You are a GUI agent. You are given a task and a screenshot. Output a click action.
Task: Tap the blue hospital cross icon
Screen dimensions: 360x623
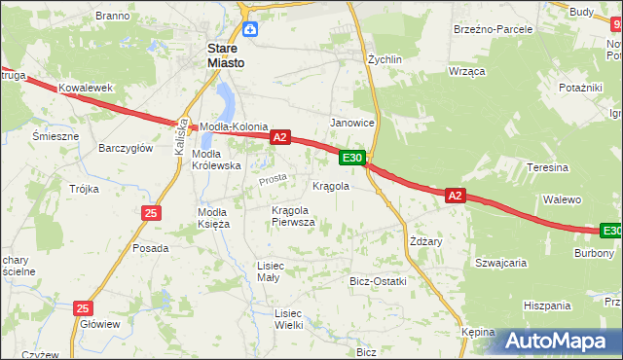(250, 29)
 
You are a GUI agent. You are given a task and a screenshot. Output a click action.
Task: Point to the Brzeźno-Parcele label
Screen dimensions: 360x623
(494, 29)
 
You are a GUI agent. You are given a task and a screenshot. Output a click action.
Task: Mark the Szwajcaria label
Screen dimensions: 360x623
(500, 263)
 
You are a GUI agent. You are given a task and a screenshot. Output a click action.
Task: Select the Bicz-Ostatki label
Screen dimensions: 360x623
(378, 281)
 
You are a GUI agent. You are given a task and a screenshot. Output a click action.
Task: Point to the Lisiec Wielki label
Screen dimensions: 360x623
(289, 319)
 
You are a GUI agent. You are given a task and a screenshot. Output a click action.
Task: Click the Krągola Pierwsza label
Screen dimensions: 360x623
(293, 215)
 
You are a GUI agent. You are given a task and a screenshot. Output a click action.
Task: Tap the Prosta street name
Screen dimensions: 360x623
(273, 179)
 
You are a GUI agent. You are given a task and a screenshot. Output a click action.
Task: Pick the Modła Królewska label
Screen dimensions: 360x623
(216, 160)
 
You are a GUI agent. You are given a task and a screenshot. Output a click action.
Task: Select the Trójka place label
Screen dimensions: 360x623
(85, 189)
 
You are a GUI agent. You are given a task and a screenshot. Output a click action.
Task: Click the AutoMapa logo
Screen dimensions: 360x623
(556, 341)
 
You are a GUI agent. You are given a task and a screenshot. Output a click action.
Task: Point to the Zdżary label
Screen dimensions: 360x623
(427, 241)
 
